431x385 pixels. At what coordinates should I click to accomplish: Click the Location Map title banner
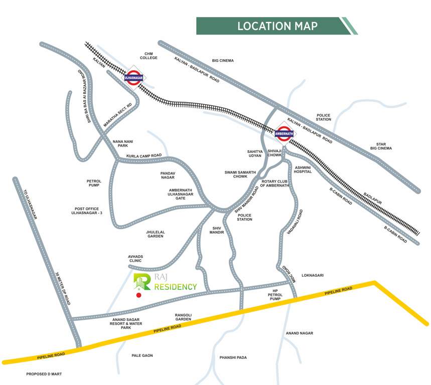click(276, 26)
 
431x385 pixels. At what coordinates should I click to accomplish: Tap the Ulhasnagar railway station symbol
click(133, 78)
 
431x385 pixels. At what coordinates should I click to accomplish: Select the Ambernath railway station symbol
click(284, 134)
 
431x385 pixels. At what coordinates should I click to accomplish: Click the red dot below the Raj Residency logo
click(139, 295)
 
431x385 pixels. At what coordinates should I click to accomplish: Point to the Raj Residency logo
click(165, 283)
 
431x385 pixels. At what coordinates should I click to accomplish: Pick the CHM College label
click(149, 56)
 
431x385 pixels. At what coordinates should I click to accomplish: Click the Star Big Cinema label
click(381, 146)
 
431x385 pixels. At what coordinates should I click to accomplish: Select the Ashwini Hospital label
click(303, 169)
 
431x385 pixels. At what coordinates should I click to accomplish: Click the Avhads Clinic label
click(135, 259)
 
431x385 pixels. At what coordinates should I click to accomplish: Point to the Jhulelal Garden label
click(156, 234)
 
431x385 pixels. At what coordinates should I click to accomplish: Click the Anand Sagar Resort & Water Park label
click(126, 323)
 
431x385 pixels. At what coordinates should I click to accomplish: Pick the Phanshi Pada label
click(233, 357)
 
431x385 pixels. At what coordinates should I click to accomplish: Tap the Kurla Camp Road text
click(144, 156)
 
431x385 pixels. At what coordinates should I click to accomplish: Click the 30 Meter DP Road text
click(64, 289)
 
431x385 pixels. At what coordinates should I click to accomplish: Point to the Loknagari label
click(313, 275)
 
